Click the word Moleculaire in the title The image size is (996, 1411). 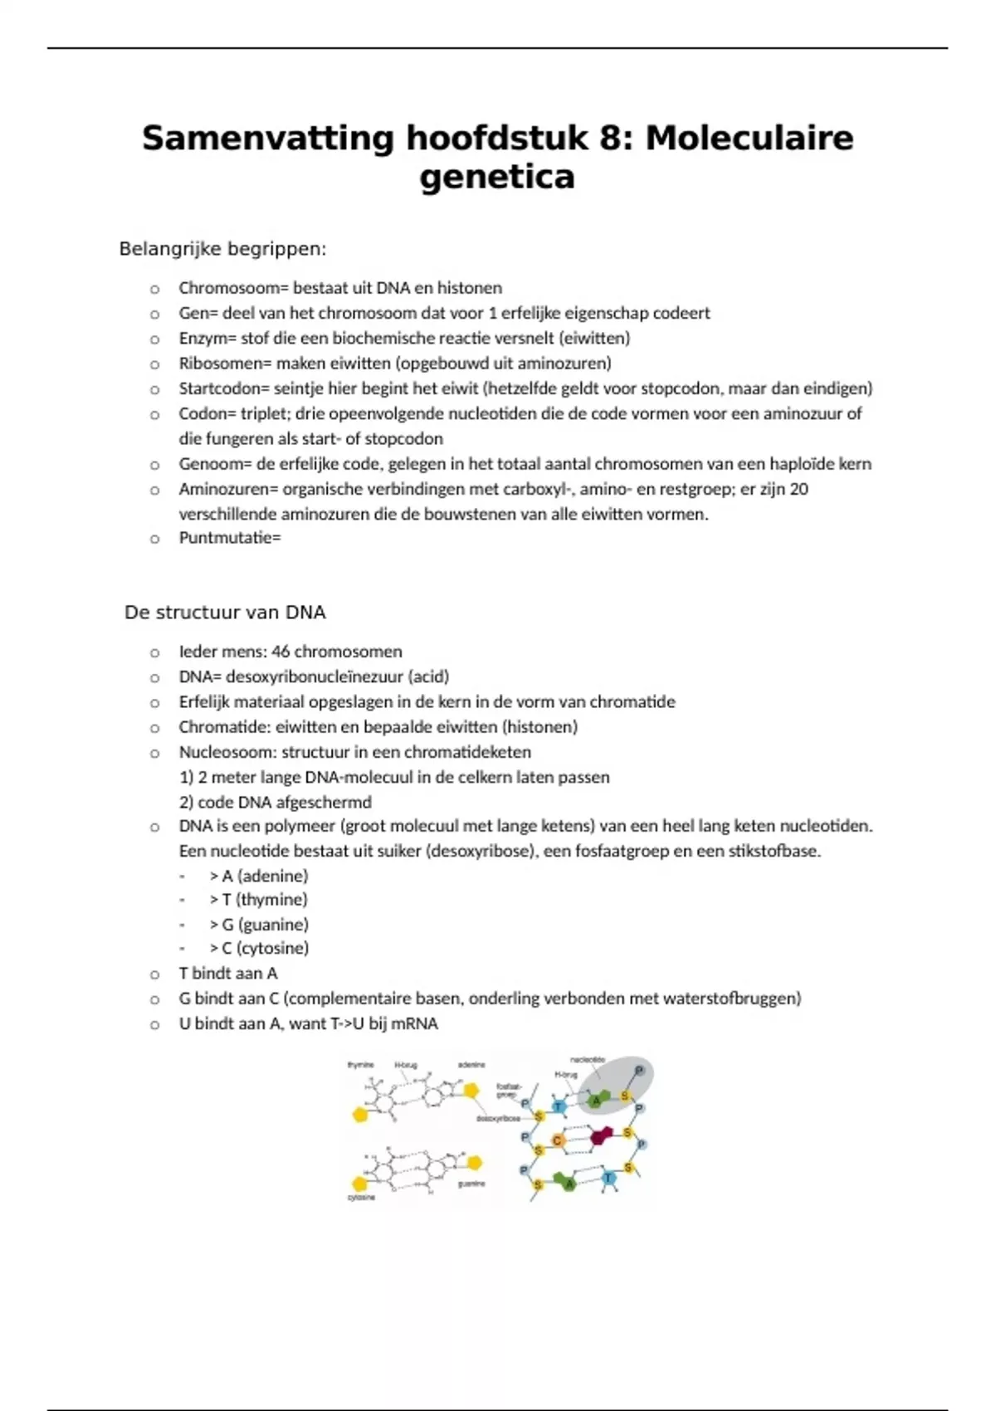[749, 138]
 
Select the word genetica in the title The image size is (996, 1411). [497, 177]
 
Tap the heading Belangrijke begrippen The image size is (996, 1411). [222, 249]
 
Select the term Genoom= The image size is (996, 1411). [212, 464]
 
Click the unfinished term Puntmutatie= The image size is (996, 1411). [230, 538]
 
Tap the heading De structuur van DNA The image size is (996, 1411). [225, 613]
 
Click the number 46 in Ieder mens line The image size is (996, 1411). [281, 652]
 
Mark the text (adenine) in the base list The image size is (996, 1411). [272, 876]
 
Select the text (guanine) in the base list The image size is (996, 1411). [273, 925]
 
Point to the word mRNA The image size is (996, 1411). [415, 1023]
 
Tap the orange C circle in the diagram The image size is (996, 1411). [558, 1140]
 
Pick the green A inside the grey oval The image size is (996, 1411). [595, 1101]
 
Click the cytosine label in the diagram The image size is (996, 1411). [361, 1198]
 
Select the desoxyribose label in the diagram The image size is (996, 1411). [498, 1119]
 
